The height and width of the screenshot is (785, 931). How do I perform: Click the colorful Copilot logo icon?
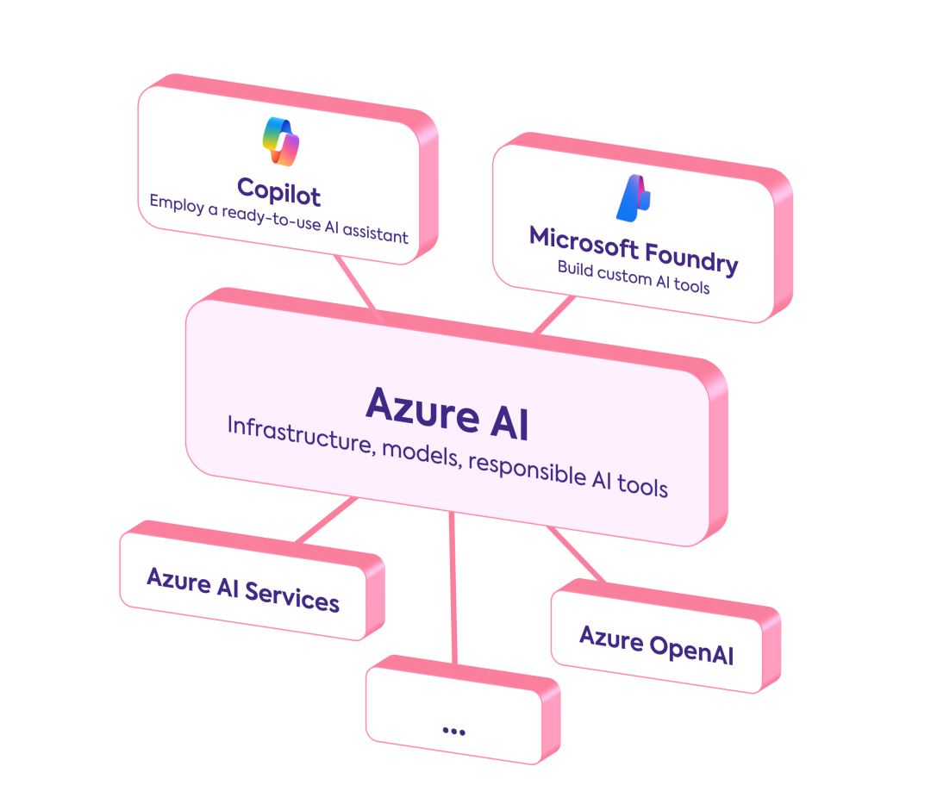[280, 140]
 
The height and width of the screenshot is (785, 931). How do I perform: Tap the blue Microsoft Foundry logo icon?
[634, 197]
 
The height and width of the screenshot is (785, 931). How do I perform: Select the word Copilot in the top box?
[278, 190]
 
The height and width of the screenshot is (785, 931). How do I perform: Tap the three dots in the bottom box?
[453, 731]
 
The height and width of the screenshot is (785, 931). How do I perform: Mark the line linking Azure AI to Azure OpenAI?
[575, 554]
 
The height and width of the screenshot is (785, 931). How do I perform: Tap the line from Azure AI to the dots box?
[453, 586]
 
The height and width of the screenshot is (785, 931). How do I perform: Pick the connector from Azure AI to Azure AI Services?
[327, 520]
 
